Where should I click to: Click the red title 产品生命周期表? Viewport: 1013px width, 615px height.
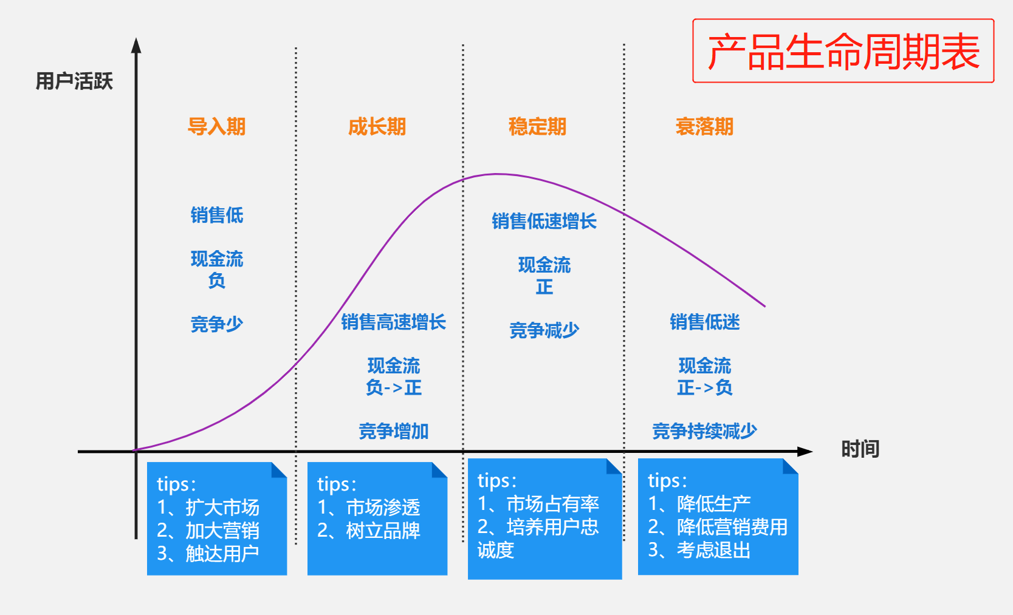click(x=843, y=52)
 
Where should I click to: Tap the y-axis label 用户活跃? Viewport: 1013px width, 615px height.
click(x=74, y=81)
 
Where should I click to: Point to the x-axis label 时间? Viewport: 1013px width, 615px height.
click(x=860, y=449)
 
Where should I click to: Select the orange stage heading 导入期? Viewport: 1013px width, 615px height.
click(x=216, y=126)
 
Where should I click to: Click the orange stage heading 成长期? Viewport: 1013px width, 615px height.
click(x=377, y=126)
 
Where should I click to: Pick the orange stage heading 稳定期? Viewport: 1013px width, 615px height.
click(x=537, y=126)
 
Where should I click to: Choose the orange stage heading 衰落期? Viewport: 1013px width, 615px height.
click(x=704, y=126)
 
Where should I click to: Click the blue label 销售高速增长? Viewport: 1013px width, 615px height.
click(x=393, y=322)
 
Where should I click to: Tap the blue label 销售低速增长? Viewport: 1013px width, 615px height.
click(x=544, y=221)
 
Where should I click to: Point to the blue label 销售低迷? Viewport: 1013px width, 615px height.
click(x=704, y=322)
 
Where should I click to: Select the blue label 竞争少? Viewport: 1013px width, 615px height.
click(x=216, y=324)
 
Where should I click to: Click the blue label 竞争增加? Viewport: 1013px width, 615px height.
click(x=393, y=431)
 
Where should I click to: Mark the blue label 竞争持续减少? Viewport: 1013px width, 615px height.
click(x=704, y=431)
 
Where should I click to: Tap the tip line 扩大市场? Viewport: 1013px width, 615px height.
click(x=222, y=507)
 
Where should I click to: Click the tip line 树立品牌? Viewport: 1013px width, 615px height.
click(x=383, y=531)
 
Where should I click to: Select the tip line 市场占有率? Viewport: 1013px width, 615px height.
click(x=552, y=503)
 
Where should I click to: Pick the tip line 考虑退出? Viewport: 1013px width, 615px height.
click(x=713, y=550)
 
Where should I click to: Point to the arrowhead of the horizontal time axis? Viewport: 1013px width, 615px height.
click(x=805, y=452)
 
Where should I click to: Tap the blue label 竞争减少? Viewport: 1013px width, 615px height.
click(x=544, y=330)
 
